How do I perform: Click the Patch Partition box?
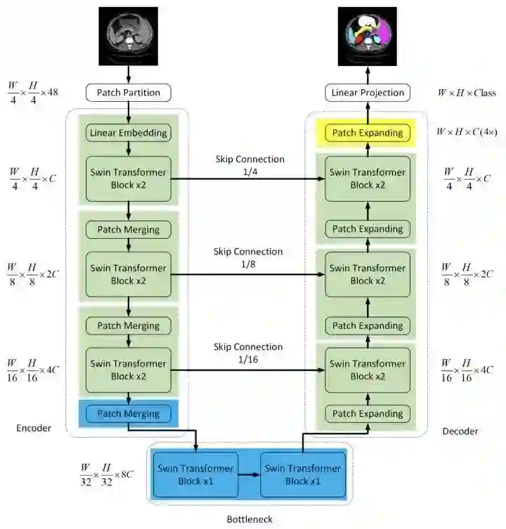coord(128,92)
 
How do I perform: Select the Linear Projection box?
coord(367,92)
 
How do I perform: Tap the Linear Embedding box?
coord(128,132)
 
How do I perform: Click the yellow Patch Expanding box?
coord(367,133)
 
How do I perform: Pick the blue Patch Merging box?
coord(128,414)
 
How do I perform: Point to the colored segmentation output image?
coord(367,35)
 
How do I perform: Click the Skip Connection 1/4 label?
coord(249,165)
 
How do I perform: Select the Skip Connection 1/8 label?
coord(249,257)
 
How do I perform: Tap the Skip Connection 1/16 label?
coord(249,353)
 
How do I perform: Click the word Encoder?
coord(33,428)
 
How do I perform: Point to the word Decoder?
coord(460,431)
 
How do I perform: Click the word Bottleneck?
coord(249,519)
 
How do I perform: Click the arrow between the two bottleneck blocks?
coord(248,475)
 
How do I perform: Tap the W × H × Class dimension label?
coord(466,93)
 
